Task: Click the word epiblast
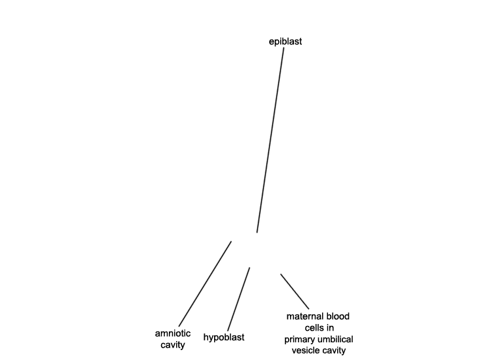(285, 42)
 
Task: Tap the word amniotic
(173, 333)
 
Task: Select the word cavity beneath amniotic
(173, 345)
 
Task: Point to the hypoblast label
(224, 338)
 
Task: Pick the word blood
(338, 316)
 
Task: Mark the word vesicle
(305, 350)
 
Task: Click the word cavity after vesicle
(333, 351)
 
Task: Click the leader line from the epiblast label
(270, 140)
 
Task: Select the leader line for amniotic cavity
(205, 283)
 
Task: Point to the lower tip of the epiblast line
(257, 232)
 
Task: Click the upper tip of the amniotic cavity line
(231, 241)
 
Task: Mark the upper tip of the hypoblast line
(249, 268)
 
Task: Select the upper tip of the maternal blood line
(281, 274)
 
